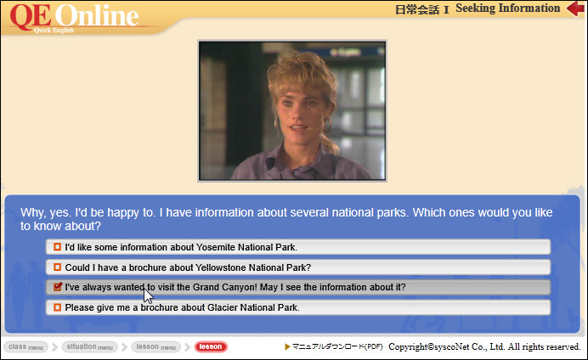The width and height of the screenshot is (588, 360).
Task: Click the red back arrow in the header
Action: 575,8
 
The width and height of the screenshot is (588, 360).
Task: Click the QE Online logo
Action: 74,18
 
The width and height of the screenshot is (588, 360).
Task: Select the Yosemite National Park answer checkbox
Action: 57,247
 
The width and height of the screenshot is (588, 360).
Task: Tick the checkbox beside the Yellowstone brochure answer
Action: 57,267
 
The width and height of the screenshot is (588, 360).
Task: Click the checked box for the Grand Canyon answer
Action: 58,287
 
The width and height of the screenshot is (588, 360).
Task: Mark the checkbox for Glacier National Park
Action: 57,307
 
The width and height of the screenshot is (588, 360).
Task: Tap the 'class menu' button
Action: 25,347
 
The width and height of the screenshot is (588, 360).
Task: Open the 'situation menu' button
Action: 89,347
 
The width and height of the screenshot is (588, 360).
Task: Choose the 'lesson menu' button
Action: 156,347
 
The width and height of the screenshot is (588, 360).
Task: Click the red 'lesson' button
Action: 211,347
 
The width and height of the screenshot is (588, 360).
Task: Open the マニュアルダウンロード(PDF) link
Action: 334,347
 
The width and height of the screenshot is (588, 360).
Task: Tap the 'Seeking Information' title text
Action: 508,8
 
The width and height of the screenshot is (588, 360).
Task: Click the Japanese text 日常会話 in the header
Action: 417,9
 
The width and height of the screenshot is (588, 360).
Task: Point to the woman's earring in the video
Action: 327,125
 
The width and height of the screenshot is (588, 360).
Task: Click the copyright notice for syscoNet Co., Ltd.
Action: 484,347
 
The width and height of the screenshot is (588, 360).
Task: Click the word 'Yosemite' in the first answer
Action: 216,247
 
